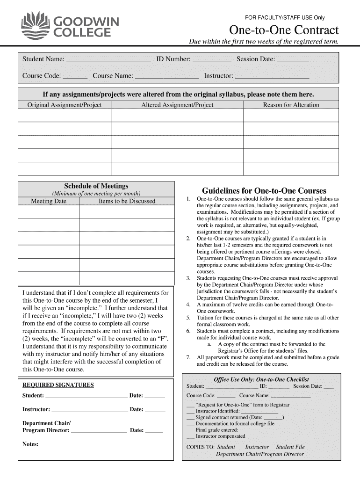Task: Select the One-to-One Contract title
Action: tap(283, 30)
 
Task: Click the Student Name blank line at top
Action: tap(108, 60)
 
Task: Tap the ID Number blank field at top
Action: tap(212, 60)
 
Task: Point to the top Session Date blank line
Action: tap(293, 60)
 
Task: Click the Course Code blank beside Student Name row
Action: tap(75, 77)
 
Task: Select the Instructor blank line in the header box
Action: tap(272, 77)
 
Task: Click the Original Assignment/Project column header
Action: tap(65, 105)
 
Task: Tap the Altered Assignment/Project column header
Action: tap(177, 105)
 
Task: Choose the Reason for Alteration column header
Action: tap(291, 105)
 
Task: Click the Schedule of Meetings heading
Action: tap(96, 186)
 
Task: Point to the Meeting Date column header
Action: tap(49, 201)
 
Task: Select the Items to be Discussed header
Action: tap(127, 201)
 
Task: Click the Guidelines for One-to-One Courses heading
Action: tap(264, 191)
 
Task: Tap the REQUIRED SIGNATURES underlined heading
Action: tap(58, 385)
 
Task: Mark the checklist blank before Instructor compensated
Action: tap(190, 437)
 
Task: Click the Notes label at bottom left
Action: tap(30, 444)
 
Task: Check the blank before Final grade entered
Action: tap(190, 430)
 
